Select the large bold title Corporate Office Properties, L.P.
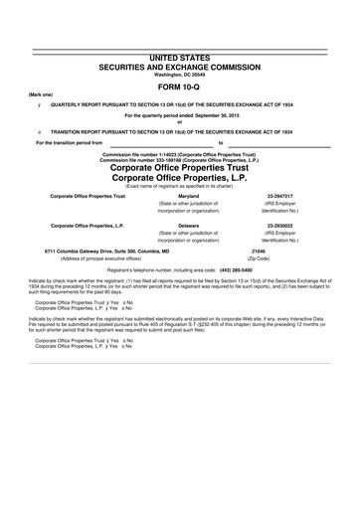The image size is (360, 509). point(179,177)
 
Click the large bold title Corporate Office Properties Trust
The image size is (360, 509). point(179,167)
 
